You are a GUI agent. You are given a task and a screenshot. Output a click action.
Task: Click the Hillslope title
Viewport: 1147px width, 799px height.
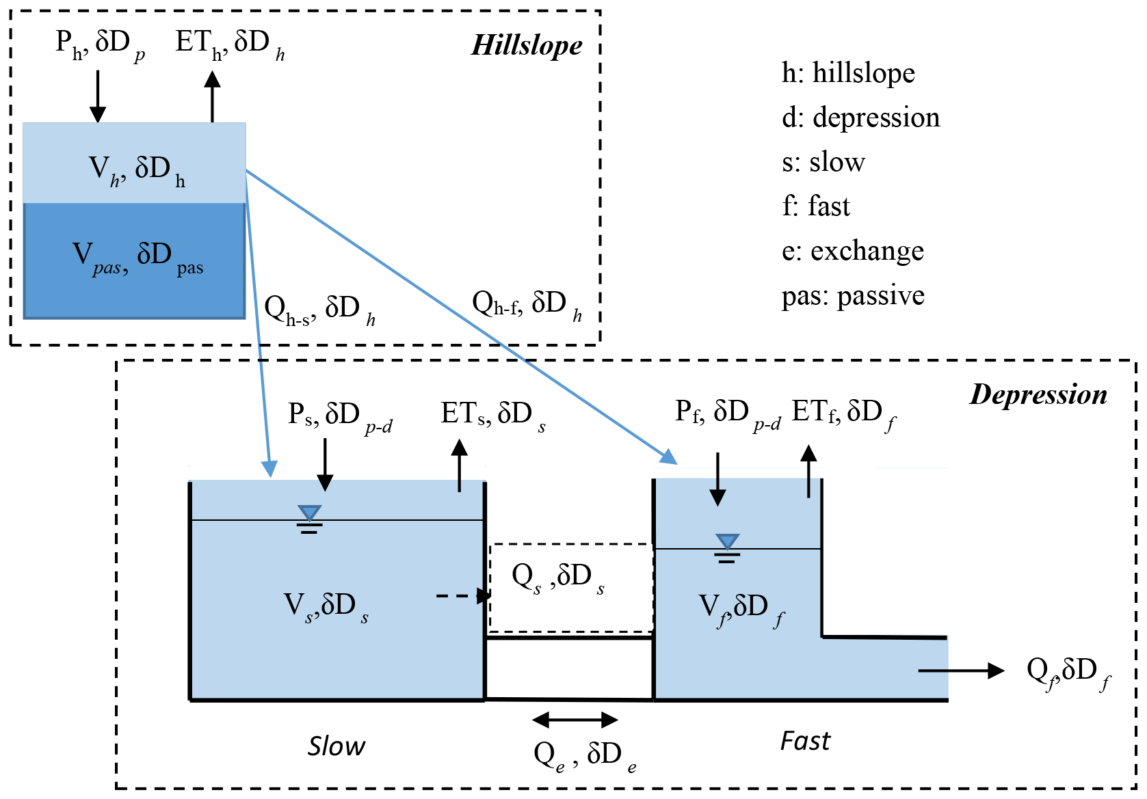pos(527,45)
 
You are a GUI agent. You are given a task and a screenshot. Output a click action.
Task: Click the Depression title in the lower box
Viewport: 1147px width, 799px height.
pos(1038,394)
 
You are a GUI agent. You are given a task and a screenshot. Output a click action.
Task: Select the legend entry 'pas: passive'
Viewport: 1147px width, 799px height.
pos(853,296)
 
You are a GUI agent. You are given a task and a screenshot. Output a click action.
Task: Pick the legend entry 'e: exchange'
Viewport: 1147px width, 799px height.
pos(853,251)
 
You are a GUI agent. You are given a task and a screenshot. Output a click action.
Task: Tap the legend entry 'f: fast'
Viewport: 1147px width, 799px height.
pos(816,206)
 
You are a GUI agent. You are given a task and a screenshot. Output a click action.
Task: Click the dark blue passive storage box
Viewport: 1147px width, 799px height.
pos(135,260)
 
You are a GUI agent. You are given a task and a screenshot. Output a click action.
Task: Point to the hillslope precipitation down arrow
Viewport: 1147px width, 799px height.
pos(98,96)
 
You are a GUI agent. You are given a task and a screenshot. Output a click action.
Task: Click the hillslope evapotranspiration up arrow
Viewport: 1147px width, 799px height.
pos(213,96)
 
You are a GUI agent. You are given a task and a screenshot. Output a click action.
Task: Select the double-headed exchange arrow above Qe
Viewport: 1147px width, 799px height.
pos(575,719)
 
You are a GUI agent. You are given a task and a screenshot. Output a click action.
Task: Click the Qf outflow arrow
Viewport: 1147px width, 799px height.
pos(960,671)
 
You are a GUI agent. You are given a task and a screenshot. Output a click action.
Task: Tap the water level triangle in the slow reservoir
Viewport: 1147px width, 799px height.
pos(309,513)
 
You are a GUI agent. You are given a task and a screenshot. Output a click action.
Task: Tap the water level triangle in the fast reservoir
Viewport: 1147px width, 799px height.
pos(727,541)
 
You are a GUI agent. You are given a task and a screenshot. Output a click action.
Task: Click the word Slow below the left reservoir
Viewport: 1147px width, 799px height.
pos(336,746)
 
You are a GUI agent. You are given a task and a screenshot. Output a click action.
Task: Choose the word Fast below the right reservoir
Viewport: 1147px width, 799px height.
pos(805,741)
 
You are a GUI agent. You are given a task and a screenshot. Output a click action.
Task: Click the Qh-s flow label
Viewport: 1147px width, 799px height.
pos(319,310)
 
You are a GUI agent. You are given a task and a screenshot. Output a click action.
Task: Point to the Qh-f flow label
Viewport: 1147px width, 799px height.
pos(527,304)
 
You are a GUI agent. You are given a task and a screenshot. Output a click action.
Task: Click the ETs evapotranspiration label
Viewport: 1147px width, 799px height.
pos(492,415)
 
